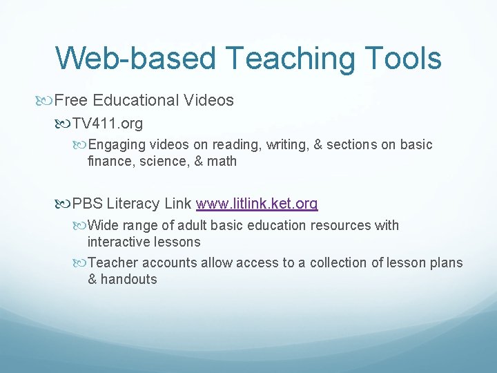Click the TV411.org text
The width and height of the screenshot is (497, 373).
[109, 123]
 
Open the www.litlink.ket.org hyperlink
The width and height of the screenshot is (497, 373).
[257, 204]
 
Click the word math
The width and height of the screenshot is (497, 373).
[222, 162]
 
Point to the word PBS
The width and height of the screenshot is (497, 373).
[87, 204]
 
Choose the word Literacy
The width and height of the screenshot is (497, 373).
[135, 204]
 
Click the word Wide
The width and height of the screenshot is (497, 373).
[104, 225]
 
